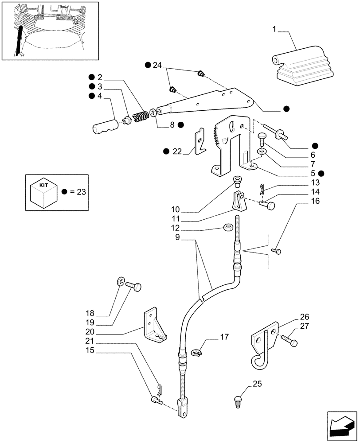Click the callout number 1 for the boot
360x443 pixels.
[x=274, y=30]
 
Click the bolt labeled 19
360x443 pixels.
[x=133, y=287]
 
